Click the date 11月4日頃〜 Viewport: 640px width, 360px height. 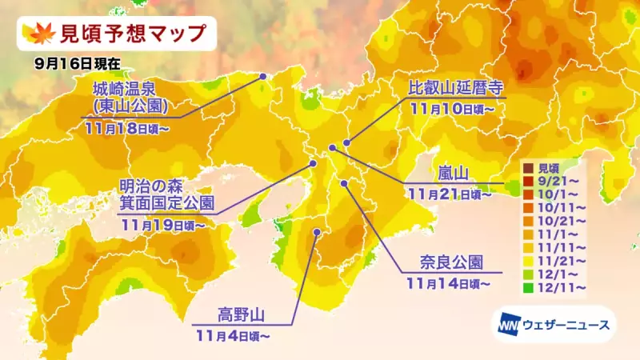tap(232, 335)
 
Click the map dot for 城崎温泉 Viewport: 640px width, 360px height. tap(263, 76)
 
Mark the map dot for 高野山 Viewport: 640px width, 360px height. tap(317, 233)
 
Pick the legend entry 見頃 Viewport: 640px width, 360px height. tap(547, 168)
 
